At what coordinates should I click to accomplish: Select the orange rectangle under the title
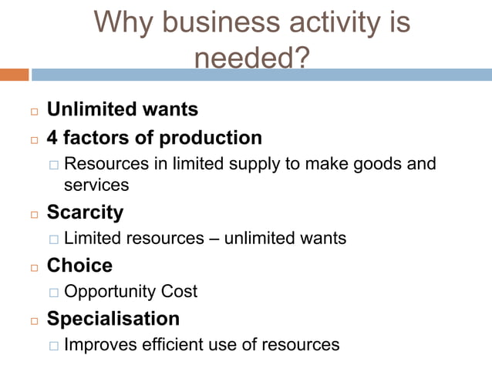tap(14, 75)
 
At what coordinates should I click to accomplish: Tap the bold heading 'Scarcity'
tap(85, 212)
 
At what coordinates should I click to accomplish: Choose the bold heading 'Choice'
tap(79, 266)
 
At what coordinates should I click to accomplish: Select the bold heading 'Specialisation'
tap(113, 318)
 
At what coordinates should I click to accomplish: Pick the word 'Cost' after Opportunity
tap(179, 292)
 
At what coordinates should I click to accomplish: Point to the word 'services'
tap(96, 186)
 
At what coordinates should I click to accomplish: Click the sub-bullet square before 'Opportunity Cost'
tap(53, 293)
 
